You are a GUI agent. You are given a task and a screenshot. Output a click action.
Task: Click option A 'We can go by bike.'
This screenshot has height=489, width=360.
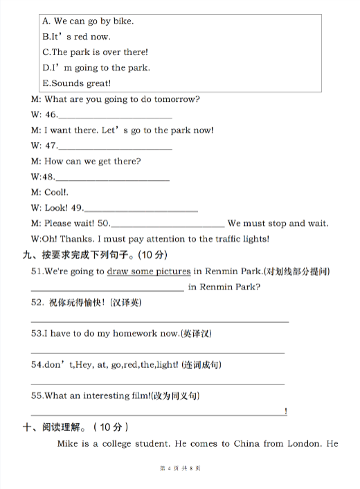click(x=88, y=21)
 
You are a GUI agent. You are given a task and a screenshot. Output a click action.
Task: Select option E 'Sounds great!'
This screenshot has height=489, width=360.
click(x=76, y=83)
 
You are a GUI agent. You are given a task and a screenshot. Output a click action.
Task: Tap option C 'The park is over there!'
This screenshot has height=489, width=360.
click(x=95, y=52)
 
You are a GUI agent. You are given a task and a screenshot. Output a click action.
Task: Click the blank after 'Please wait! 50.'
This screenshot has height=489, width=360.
click(x=168, y=226)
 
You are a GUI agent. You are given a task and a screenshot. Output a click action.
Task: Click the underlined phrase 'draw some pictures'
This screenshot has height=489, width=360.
click(x=149, y=272)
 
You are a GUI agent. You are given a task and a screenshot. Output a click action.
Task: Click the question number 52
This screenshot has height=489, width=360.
click(x=37, y=303)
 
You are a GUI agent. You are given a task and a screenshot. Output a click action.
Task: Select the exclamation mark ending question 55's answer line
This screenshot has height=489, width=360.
click(x=286, y=413)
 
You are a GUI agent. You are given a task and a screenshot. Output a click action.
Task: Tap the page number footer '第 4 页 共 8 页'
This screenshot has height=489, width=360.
click(x=180, y=469)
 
